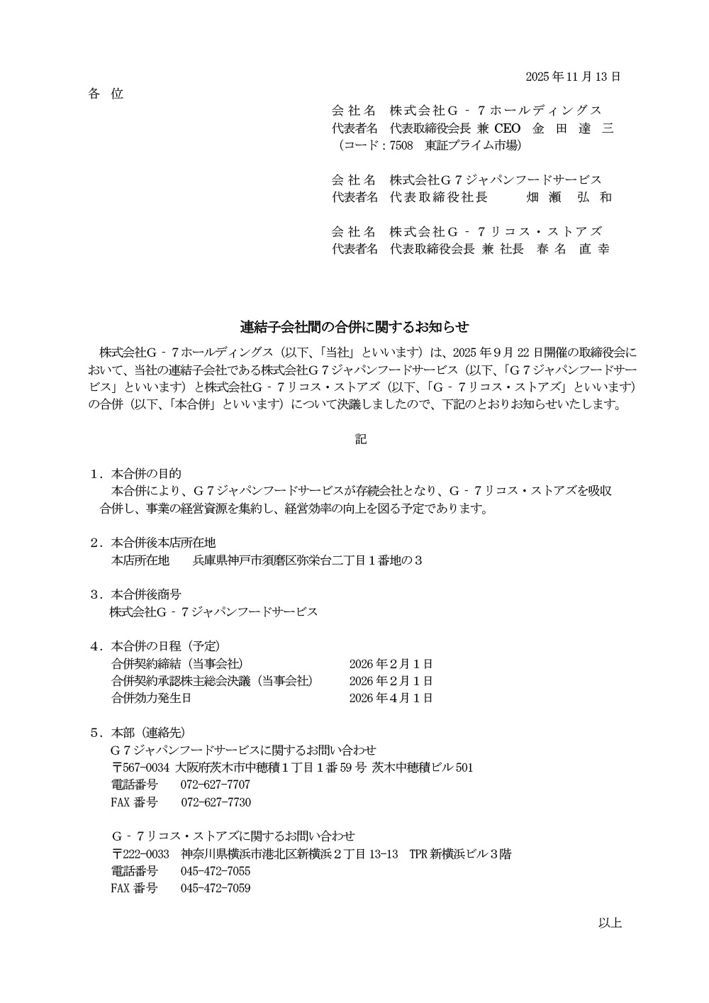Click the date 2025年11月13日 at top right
pyautogui.click(x=573, y=77)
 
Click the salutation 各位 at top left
pyautogui.click(x=106, y=94)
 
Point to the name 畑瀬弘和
pyautogui.click(x=569, y=197)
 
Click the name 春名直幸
pyautogui.click(x=573, y=249)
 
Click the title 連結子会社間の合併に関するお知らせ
pyautogui.click(x=354, y=327)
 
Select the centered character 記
pyautogui.click(x=361, y=440)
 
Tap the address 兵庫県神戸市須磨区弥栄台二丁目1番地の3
pyautogui.click(x=308, y=560)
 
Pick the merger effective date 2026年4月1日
pyautogui.click(x=391, y=698)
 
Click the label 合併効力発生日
pyautogui.click(x=151, y=698)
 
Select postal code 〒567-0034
pyautogui.click(x=140, y=768)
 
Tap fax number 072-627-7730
pyautogui.click(x=216, y=802)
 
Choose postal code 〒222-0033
pyautogui.click(x=140, y=854)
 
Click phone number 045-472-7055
pyautogui.click(x=215, y=871)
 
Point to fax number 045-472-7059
pyautogui.click(x=215, y=888)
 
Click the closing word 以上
pyautogui.click(x=610, y=923)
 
